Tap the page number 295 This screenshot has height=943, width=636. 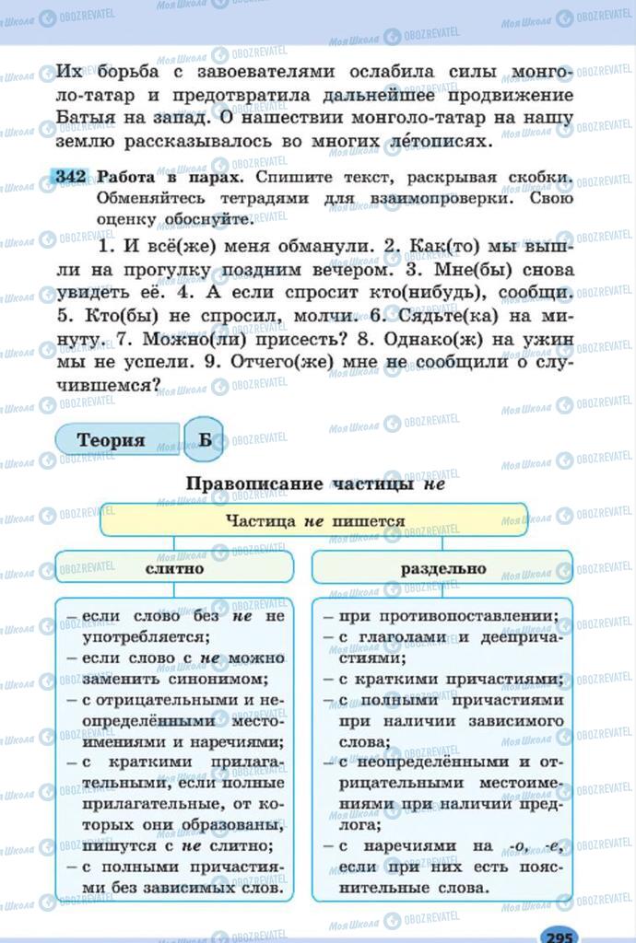click(x=559, y=935)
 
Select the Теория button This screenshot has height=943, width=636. click(x=112, y=440)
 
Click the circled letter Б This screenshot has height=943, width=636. click(x=205, y=440)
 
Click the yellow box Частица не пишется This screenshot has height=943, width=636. click(x=314, y=520)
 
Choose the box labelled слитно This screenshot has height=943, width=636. click(x=174, y=568)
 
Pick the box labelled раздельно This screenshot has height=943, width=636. click(x=442, y=568)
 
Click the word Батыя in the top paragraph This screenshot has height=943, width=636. click(x=88, y=118)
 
